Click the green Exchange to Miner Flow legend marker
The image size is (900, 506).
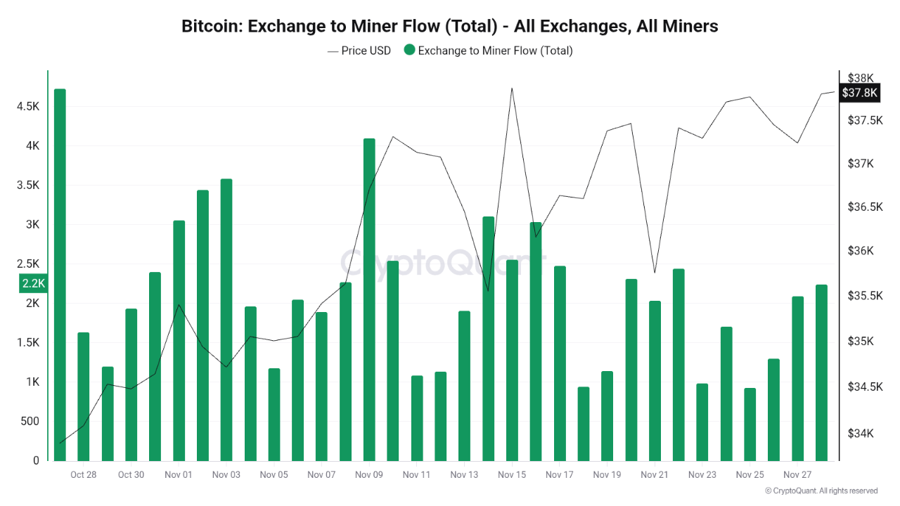pos(410,51)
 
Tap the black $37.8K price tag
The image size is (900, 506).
pos(860,93)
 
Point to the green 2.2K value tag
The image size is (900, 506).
pos(33,283)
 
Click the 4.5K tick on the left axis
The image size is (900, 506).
pos(28,107)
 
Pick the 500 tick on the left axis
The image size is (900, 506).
pos(30,422)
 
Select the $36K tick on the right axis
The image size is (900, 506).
pos(860,251)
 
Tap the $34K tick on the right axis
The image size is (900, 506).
pos(860,434)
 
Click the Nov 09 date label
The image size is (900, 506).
pos(369,475)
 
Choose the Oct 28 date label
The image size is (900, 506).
pos(83,475)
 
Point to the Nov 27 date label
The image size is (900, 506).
pos(797,475)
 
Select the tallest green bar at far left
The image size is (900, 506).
pos(60,274)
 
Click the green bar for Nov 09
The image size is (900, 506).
pos(369,299)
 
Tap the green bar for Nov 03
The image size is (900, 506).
pos(226,320)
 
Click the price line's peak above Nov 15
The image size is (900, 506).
pos(512,89)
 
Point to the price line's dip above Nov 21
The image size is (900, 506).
pos(655,272)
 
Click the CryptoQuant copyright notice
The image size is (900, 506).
pos(821,491)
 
